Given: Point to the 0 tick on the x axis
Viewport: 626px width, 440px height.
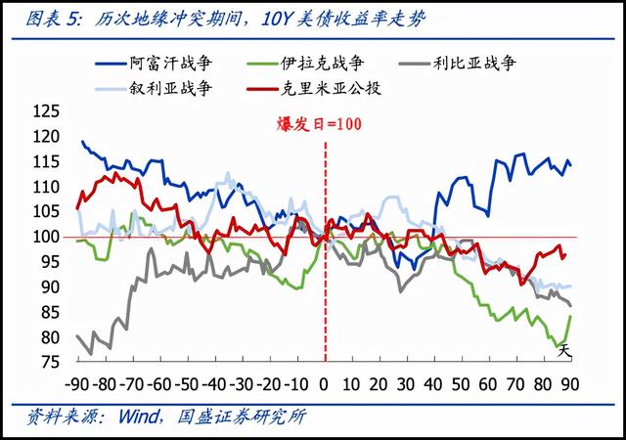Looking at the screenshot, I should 325,382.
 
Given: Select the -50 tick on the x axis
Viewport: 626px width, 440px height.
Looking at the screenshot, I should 187,382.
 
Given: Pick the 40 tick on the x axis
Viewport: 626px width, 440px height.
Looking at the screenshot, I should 433,382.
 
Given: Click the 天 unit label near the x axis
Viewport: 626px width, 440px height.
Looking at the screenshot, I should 563,352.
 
